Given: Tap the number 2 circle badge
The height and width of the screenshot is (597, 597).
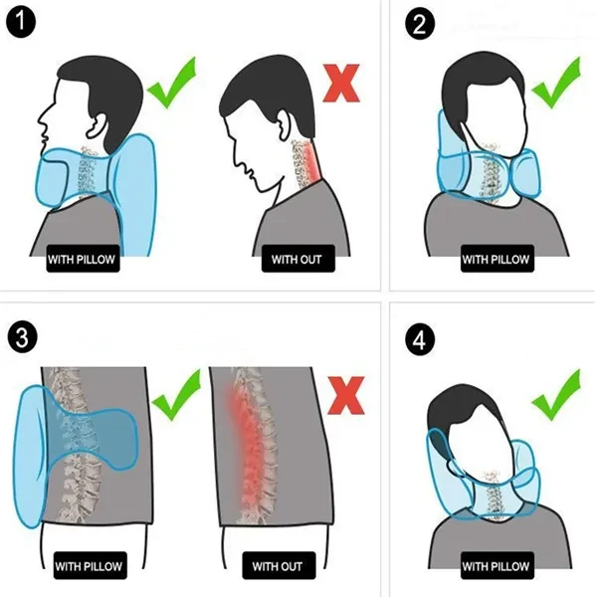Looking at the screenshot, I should pyautogui.click(x=422, y=23).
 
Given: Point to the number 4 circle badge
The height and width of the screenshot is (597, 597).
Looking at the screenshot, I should pyautogui.click(x=422, y=338).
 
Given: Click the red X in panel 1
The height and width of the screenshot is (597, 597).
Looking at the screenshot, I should pyautogui.click(x=341, y=84).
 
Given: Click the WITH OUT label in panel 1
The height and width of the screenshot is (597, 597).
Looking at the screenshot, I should pyautogui.click(x=298, y=261).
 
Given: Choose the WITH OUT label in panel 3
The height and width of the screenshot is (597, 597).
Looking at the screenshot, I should pyautogui.click(x=277, y=566).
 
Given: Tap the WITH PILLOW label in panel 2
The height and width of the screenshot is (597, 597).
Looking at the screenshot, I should pyautogui.click(x=497, y=261).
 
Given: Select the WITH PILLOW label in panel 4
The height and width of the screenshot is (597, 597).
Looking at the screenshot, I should pyautogui.click(x=497, y=566).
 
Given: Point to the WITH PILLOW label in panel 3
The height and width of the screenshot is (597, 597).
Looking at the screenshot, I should pyautogui.click(x=89, y=566).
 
